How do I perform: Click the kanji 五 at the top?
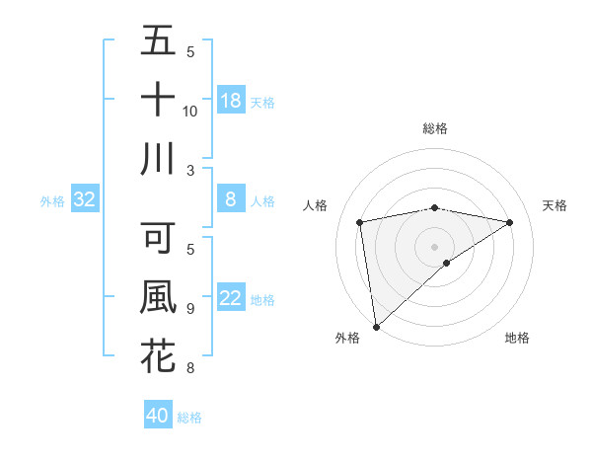pos(158,41)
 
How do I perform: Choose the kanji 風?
pos(158,297)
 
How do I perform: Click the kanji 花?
pos(158,355)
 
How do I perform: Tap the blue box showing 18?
pos(231,101)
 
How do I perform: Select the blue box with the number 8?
pos(231,200)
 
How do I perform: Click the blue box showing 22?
pos(231,299)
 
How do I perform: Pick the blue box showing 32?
pos(85,200)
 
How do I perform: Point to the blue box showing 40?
pos(158,416)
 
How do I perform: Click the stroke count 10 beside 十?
pos(190,111)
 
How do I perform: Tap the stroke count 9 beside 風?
pos(189,309)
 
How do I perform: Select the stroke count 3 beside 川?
pos(189,170)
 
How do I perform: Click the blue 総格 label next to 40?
pos(189,418)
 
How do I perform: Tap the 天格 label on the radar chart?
pos(555,205)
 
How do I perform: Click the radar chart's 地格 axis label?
pos(517,338)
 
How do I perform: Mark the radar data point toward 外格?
pos(376,326)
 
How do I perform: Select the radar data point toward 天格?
pos(510,222)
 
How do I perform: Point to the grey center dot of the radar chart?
pos(434,245)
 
